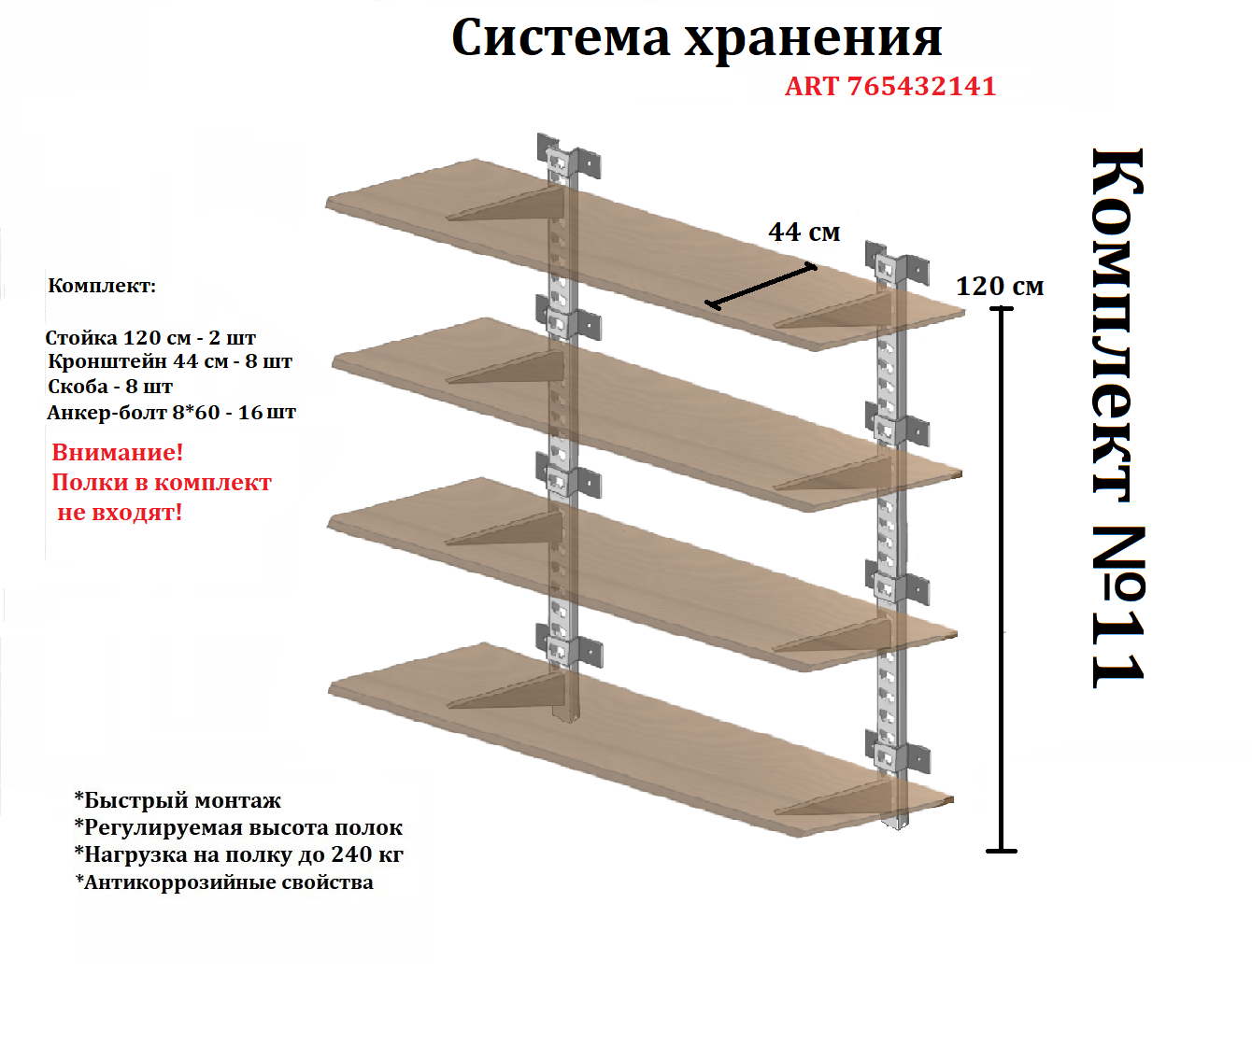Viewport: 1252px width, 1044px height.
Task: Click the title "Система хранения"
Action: pos(696,38)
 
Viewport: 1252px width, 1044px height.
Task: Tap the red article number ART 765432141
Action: pos(890,86)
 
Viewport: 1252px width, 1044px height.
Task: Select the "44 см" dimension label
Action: pos(804,232)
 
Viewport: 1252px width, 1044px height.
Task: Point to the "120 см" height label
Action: pos(1000,286)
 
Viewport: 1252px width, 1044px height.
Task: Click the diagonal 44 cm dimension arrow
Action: pos(761,286)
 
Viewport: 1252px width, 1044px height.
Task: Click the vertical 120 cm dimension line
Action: pos(1002,579)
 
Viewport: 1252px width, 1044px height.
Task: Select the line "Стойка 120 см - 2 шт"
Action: pos(150,337)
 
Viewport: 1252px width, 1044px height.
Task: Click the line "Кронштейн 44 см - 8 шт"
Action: pos(170,361)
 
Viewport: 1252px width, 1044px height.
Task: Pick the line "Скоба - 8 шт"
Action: pos(110,387)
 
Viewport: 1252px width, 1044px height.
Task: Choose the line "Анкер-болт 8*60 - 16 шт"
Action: pos(172,412)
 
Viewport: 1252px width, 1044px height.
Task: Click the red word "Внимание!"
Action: pos(118,452)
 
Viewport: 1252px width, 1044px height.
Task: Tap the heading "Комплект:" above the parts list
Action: pos(102,286)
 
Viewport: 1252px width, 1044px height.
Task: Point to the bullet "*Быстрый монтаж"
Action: pos(178,800)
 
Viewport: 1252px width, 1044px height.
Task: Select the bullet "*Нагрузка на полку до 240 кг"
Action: pos(239,854)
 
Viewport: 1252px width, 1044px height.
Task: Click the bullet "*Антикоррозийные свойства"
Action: pos(224,882)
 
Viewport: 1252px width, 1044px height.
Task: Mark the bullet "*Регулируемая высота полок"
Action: pos(238,827)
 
